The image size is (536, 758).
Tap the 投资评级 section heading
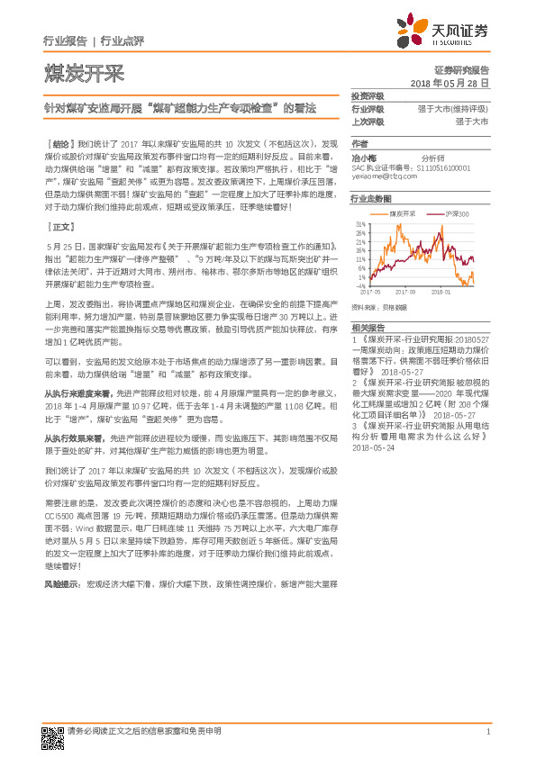[x=368, y=96]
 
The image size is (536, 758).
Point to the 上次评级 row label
[x=368, y=121]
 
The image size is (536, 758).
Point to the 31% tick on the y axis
[x=360, y=222]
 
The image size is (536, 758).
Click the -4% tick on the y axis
[x=360, y=286]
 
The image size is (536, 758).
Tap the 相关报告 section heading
[x=368, y=329]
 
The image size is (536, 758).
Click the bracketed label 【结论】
[x=59, y=143]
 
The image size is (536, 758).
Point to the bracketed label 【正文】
[x=59, y=228]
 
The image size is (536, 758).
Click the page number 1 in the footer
[x=487, y=732]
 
